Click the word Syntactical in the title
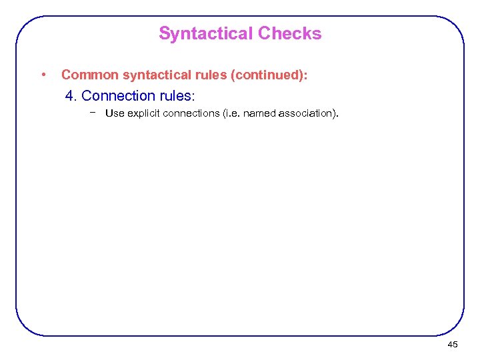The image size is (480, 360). [206, 34]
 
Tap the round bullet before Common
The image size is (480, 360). [43, 74]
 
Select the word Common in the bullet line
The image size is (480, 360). [88, 75]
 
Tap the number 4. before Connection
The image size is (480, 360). [71, 96]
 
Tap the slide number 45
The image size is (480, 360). [453, 344]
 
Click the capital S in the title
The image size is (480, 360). [164, 34]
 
